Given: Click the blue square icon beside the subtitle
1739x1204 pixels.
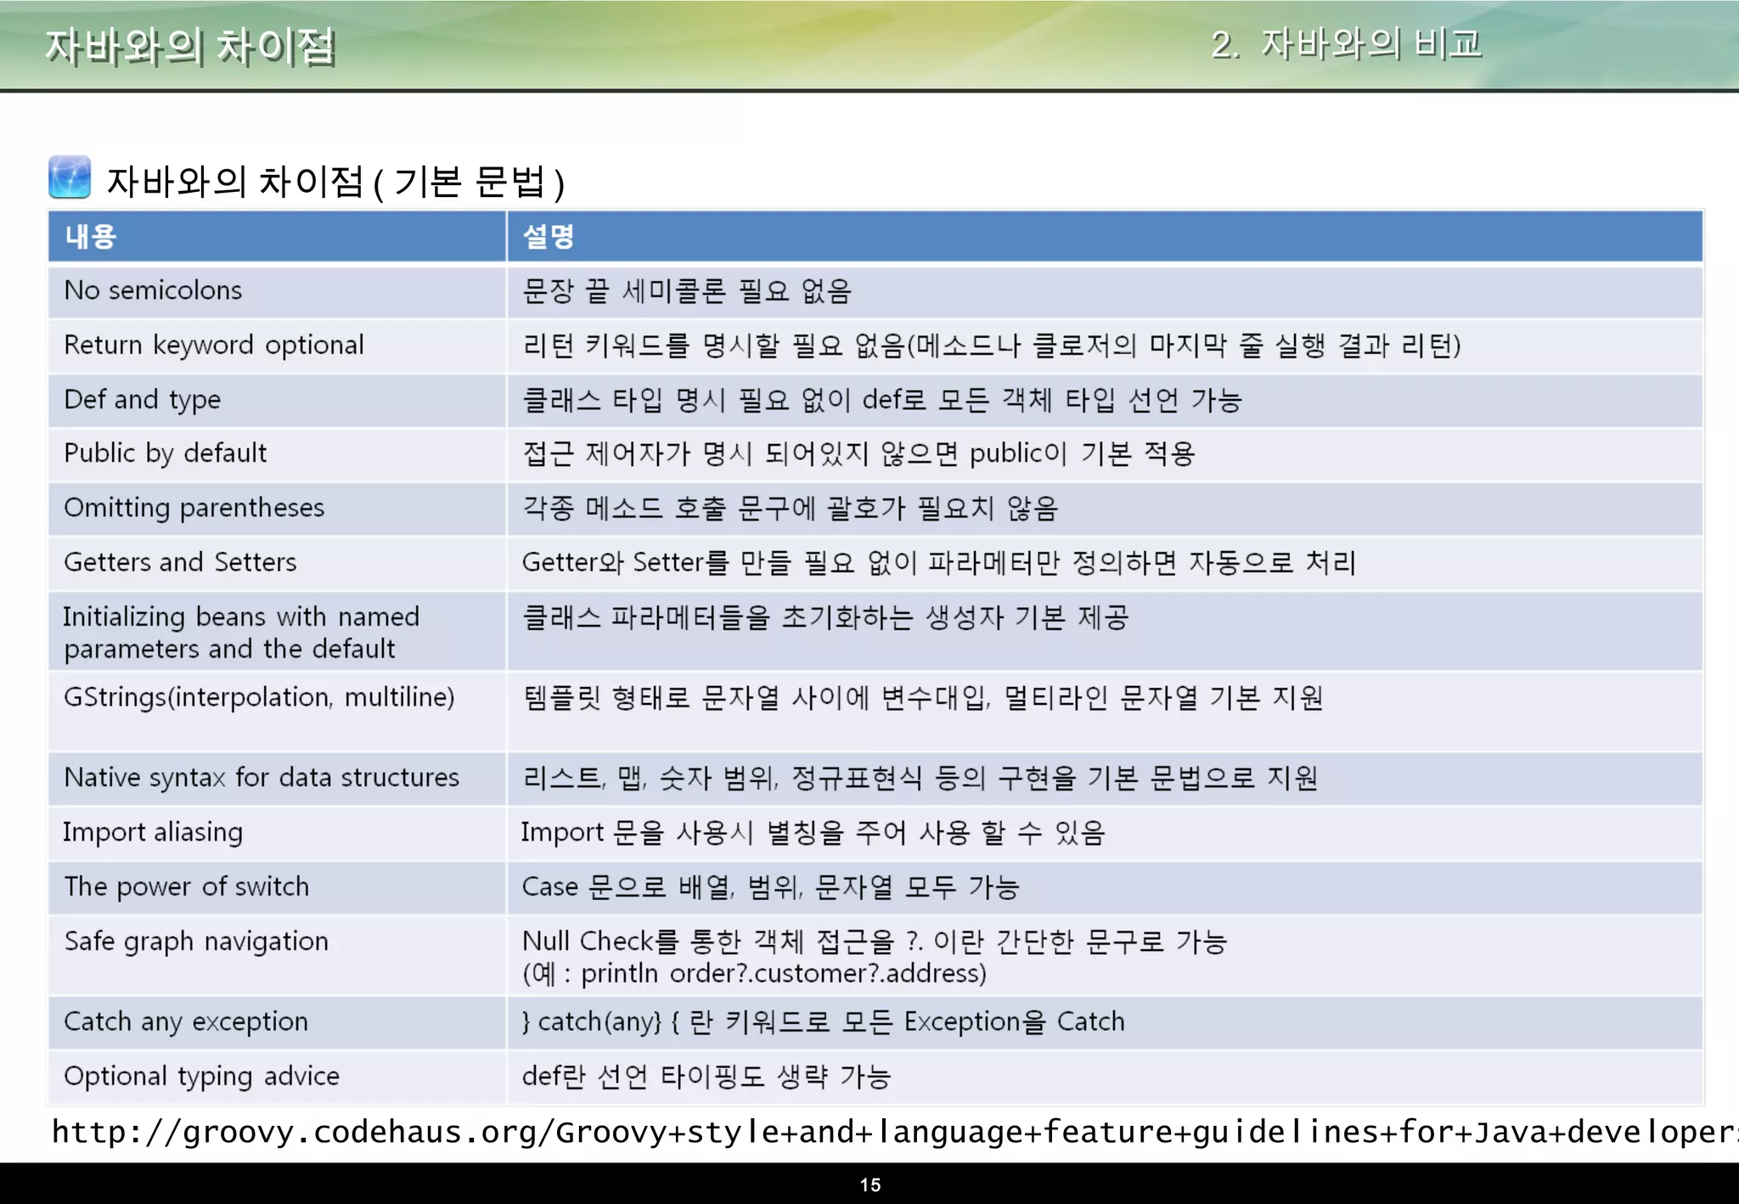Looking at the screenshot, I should click(x=70, y=177).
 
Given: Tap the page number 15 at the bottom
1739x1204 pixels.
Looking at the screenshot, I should click(x=869, y=1184).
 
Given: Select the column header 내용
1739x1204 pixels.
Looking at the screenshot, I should click(x=91, y=236).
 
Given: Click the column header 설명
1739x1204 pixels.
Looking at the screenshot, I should click(x=549, y=236).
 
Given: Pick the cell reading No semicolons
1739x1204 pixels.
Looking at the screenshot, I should click(x=153, y=290).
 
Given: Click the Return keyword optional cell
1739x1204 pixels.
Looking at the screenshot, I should click(x=214, y=345).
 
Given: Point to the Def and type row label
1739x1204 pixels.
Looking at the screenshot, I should click(x=143, y=399).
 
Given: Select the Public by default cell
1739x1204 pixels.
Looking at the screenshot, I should click(x=166, y=453).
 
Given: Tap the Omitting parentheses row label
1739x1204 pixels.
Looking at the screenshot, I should click(x=194, y=508).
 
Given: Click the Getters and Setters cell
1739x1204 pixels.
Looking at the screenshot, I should click(x=180, y=562).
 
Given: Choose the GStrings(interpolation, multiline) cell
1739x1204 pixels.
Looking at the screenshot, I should click(x=259, y=697).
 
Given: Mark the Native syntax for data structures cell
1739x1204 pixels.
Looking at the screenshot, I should click(x=262, y=778).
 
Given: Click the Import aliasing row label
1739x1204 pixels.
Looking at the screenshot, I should click(x=153, y=832).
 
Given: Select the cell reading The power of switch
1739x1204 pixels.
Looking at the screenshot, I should click(x=187, y=886).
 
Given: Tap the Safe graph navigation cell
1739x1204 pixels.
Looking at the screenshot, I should click(x=196, y=941).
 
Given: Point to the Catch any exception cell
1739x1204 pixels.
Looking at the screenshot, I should click(x=186, y=1021).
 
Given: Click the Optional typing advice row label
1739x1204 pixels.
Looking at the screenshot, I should click(x=202, y=1076).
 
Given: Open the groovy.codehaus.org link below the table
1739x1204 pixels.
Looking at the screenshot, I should click(x=892, y=1132).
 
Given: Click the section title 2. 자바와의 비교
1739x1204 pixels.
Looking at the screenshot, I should click(x=1346, y=44).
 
